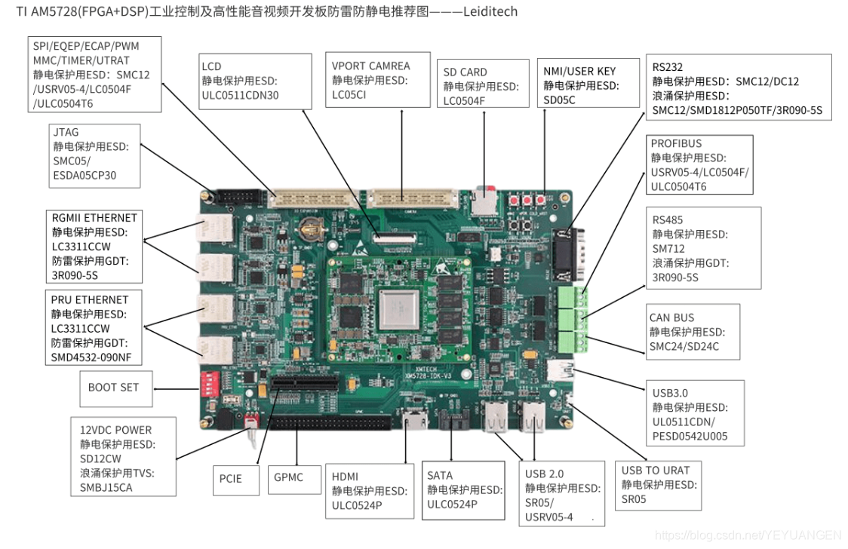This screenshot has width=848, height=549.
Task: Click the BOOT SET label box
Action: pos(114,388)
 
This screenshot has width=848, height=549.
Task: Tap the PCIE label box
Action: pos(231,479)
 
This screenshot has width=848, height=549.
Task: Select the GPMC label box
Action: pos(289,478)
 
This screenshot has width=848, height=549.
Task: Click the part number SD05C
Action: pos(560,100)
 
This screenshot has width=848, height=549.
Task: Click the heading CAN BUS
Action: pos(671,317)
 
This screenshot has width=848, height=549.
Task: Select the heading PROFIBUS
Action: pos(676,143)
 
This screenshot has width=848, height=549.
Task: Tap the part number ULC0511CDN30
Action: pos(240,95)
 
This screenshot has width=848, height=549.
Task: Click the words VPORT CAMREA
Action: pos(371,66)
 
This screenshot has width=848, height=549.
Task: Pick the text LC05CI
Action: pos(349,95)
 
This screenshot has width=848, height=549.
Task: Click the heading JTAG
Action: pos(66,132)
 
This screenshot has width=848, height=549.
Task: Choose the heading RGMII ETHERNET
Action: pos(95,218)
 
